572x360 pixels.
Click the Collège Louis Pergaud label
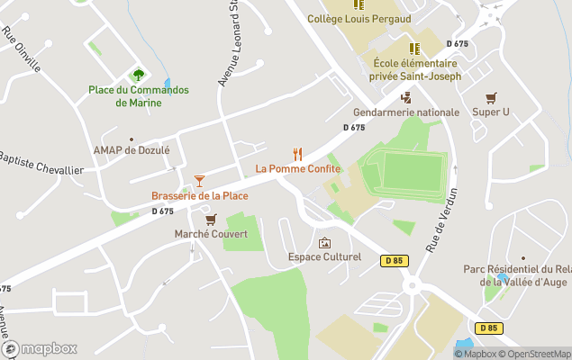(359, 19)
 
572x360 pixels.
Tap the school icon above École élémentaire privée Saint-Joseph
(415, 49)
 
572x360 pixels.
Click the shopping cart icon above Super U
(491, 98)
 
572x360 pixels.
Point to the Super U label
(491, 112)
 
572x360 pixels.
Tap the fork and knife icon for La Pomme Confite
(298, 154)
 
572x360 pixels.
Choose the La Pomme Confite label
(298, 168)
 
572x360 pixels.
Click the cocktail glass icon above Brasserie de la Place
(199, 181)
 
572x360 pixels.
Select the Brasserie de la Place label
(199, 195)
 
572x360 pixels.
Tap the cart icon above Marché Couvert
(211, 219)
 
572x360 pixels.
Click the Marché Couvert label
(211, 233)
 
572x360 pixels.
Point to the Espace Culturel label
(324, 257)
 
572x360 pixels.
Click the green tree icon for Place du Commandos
(138, 75)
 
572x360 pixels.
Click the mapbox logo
(40, 348)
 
